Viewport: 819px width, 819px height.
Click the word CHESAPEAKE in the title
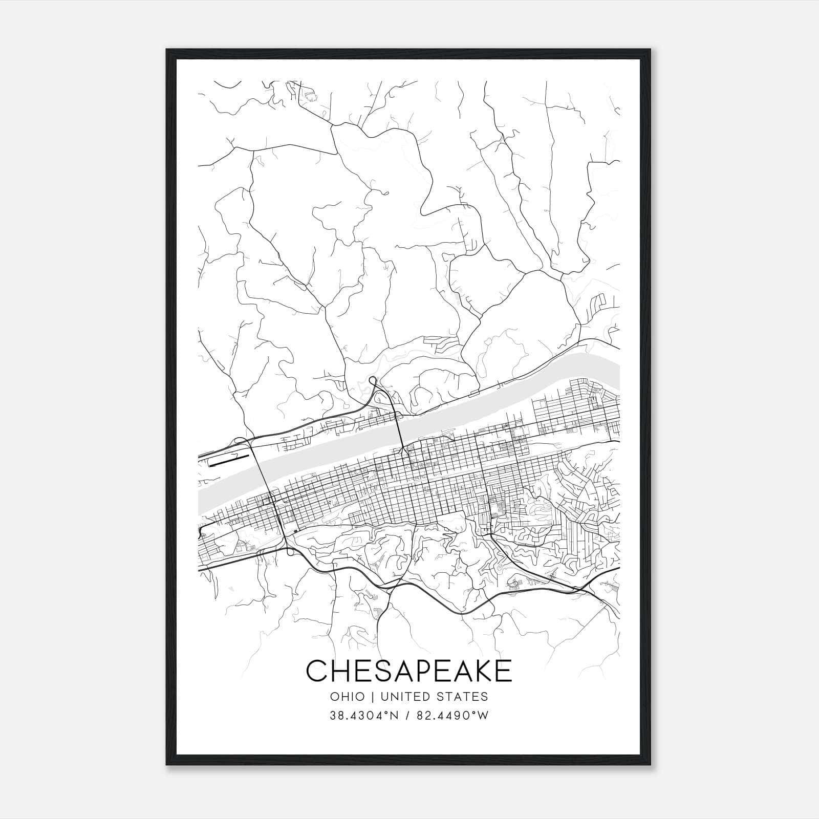(408, 671)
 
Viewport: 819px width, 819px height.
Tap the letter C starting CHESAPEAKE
(317, 671)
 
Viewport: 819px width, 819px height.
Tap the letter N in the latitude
(395, 715)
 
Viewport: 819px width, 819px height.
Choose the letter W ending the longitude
(482, 715)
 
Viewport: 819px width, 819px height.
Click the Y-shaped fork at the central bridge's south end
(404, 450)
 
